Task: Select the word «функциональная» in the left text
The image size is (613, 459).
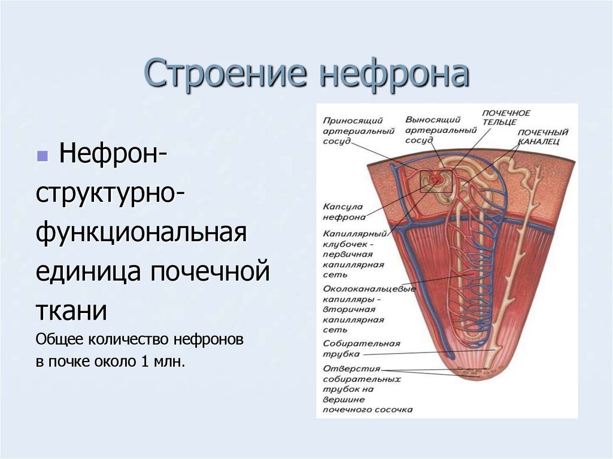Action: (x=141, y=233)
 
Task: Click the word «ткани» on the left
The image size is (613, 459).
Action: (x=72, y=311)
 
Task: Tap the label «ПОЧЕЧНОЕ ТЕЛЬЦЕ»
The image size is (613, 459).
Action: (x=506, y=117)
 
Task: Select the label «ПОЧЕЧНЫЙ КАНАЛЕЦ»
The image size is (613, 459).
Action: (x=542, y=136)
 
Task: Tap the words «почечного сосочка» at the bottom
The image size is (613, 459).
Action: (x=368, y=410)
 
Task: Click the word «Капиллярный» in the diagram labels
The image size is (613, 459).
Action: (x=353, y=235)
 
